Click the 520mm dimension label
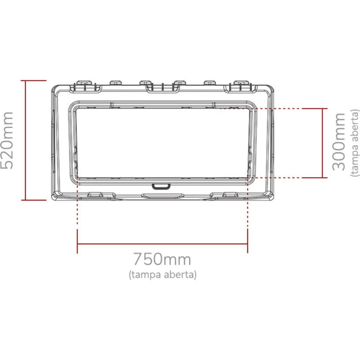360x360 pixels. pyautogui.click(x=7, y=140)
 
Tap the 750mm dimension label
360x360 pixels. pyautogui.click(x=163, y=259)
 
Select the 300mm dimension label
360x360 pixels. pyautogui.click(x=338, y=142)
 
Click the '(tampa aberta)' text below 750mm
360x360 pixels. pyautogui.click(x=163, y=275)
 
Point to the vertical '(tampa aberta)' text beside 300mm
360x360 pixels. pyautogui.click(x=355, y=143)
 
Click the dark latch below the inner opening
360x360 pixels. pyautogui.click(x=161, y=186)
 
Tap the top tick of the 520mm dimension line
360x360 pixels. pyautogui.click(x=34, y=80)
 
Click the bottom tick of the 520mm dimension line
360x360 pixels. pyautogui.click(x=34, y=200)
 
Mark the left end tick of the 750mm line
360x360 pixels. pyautogui.click(x=77, y=241)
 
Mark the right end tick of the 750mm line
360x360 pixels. pyautogui.click(x=247, y=241)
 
